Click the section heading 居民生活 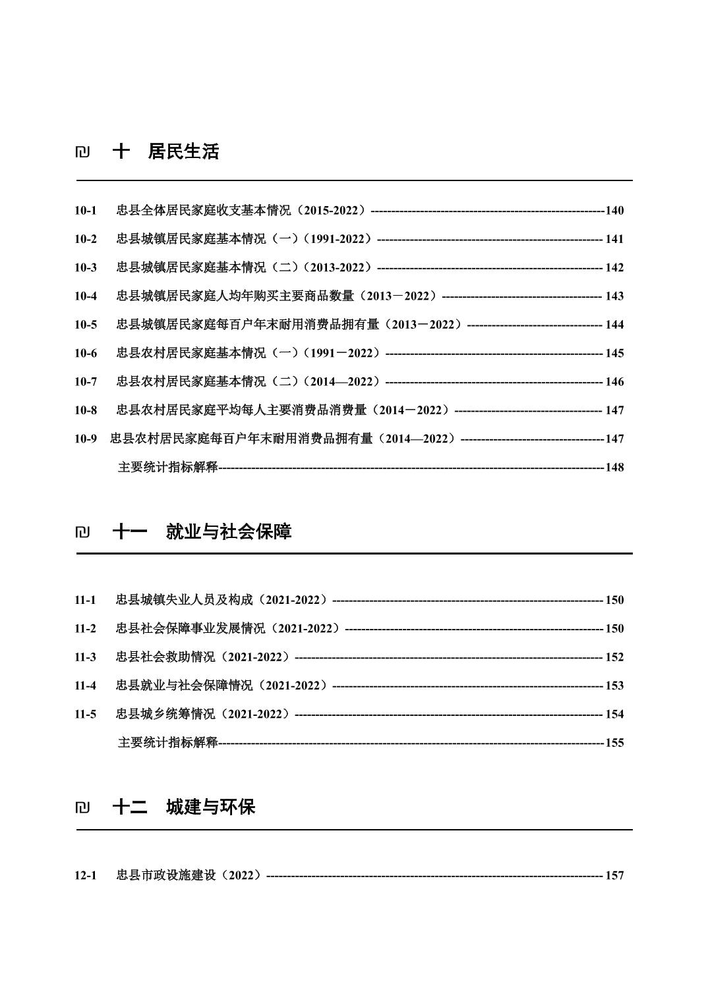pyautogui.click(x=183, y=152)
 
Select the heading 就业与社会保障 pyautogui.click(x=228, y=532)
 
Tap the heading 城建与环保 pyautogui.click(x=210, y=807)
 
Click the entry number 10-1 pyautogui.click(x=85, y=211)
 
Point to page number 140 pyautogui.click(x=614, y=211)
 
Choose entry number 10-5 pyautogui.click(x=85, y=325)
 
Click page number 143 pyautogui.click(x=614, y=296)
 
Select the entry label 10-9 pyautogui.click(x=85, y=439)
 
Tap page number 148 pyautogui.click(x=614, y=468)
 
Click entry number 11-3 pyautogui.click(x=85, y=657)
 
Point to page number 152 pyautogui.click(x=614, y=657)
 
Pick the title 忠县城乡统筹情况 pyautogui.click(x=165, y=715)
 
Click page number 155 pyautogui.click(x=614, y=743)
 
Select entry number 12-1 pyautogui.click(x=85, y=876)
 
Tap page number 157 pyautogui.click(x=614, y=876)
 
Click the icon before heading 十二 pyautogui.click(x=82, y=807)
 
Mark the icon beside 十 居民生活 pyautogui.click(x=82, y=153)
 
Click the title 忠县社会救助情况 pyautogui.click(x=165, y=657)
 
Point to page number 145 pyautogui.click(x=614, y=354)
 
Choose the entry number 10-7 pyautogui.click(x=85, y=382)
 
